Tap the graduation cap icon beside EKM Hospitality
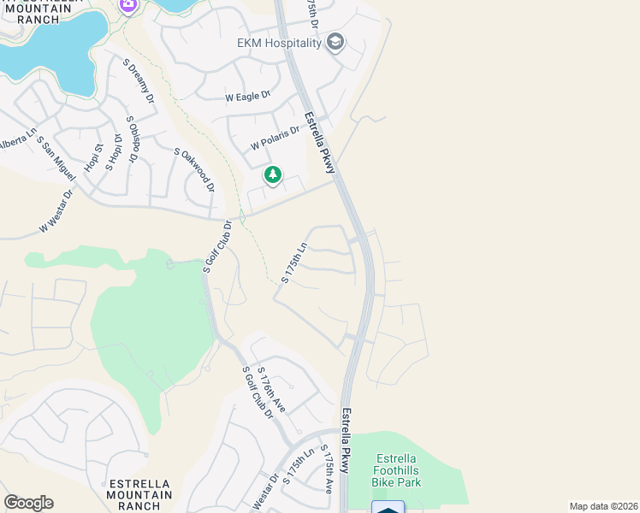tap(335, 42)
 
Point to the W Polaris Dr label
tap(275, 138)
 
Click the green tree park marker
tap(273, 175)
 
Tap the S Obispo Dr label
tap(132, 139)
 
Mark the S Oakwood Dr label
tap(193, 169)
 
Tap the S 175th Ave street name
tap(326, 469)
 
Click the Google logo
tap(28, 503)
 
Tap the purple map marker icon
tap(128, 5)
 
